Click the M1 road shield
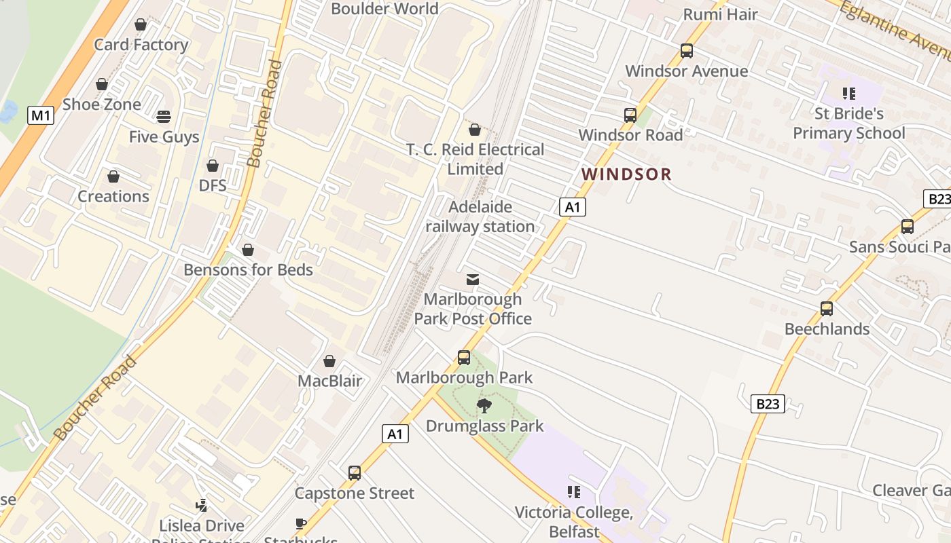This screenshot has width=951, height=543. click(41, 115)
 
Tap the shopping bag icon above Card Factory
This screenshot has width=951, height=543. click(141, 25)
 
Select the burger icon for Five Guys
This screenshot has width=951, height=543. click(163, 117)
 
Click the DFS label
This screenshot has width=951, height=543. click(213, 185)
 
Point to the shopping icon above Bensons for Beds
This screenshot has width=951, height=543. click(248, 250)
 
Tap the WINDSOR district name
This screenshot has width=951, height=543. click(626, 174)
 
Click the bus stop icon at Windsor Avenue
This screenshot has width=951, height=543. click(687, 51)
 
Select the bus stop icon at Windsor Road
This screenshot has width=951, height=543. click(630, 115)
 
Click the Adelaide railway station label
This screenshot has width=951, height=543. click(480, 217)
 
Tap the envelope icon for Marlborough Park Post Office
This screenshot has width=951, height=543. click(473, 280)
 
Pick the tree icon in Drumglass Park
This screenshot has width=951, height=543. click(484, 406)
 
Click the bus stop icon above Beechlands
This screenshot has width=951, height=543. click(827, 309)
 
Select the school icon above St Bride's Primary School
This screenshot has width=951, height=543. click(848, 93)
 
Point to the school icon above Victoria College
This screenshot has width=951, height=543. click(574, 492)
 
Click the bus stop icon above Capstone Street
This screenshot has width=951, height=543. click(355, 473)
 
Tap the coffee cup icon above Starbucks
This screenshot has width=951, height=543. click(301, 523)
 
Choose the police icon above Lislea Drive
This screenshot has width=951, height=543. click(202, 506)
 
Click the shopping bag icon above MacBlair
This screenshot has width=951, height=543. click(329, 361)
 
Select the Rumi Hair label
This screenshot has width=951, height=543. click(720, 14)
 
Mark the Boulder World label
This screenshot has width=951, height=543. click(384, 9)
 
